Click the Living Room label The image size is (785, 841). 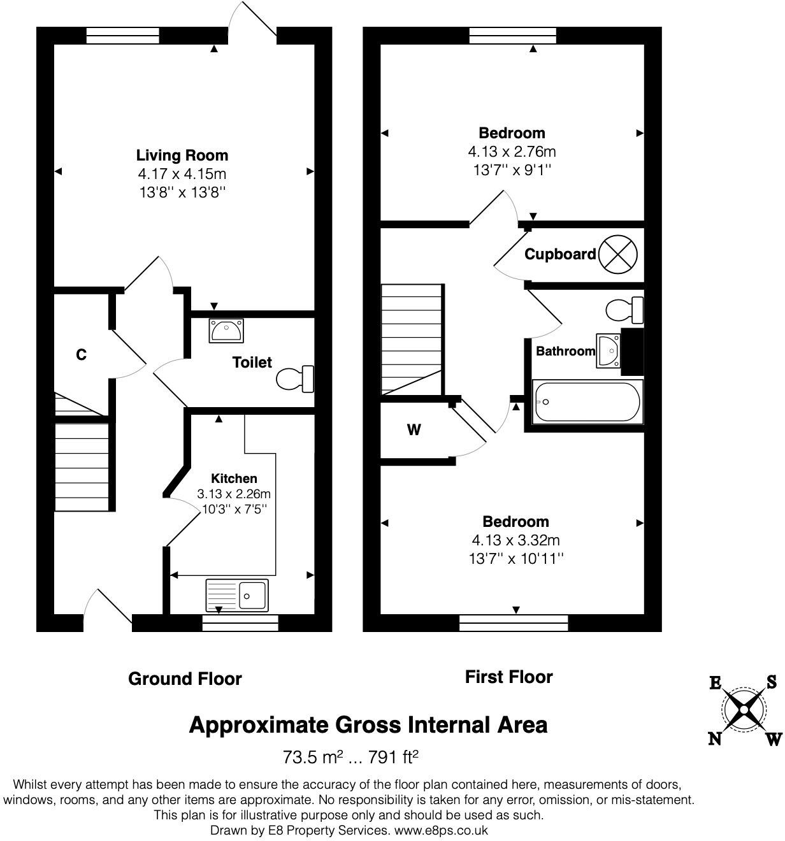point(182,155)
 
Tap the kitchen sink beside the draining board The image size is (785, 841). point(252,596)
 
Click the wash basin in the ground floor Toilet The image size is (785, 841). point(224,331)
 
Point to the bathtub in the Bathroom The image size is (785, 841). point(587,402)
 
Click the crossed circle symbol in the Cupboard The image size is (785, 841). point(619,254)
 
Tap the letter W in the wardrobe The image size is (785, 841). point(414,430)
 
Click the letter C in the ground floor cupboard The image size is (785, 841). point(81,355)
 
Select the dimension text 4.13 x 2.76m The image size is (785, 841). point(512,152)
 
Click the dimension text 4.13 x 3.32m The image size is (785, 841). point(515,540)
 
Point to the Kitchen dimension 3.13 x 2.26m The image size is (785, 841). point(234,494)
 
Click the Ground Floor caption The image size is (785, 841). point(185,679)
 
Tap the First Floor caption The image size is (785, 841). point(508,677)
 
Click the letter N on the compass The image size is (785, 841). point(715,738)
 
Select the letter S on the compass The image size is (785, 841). point(771,682)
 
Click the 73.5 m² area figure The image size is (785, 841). point(313,758)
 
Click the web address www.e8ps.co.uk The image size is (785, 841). point(441,830)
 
